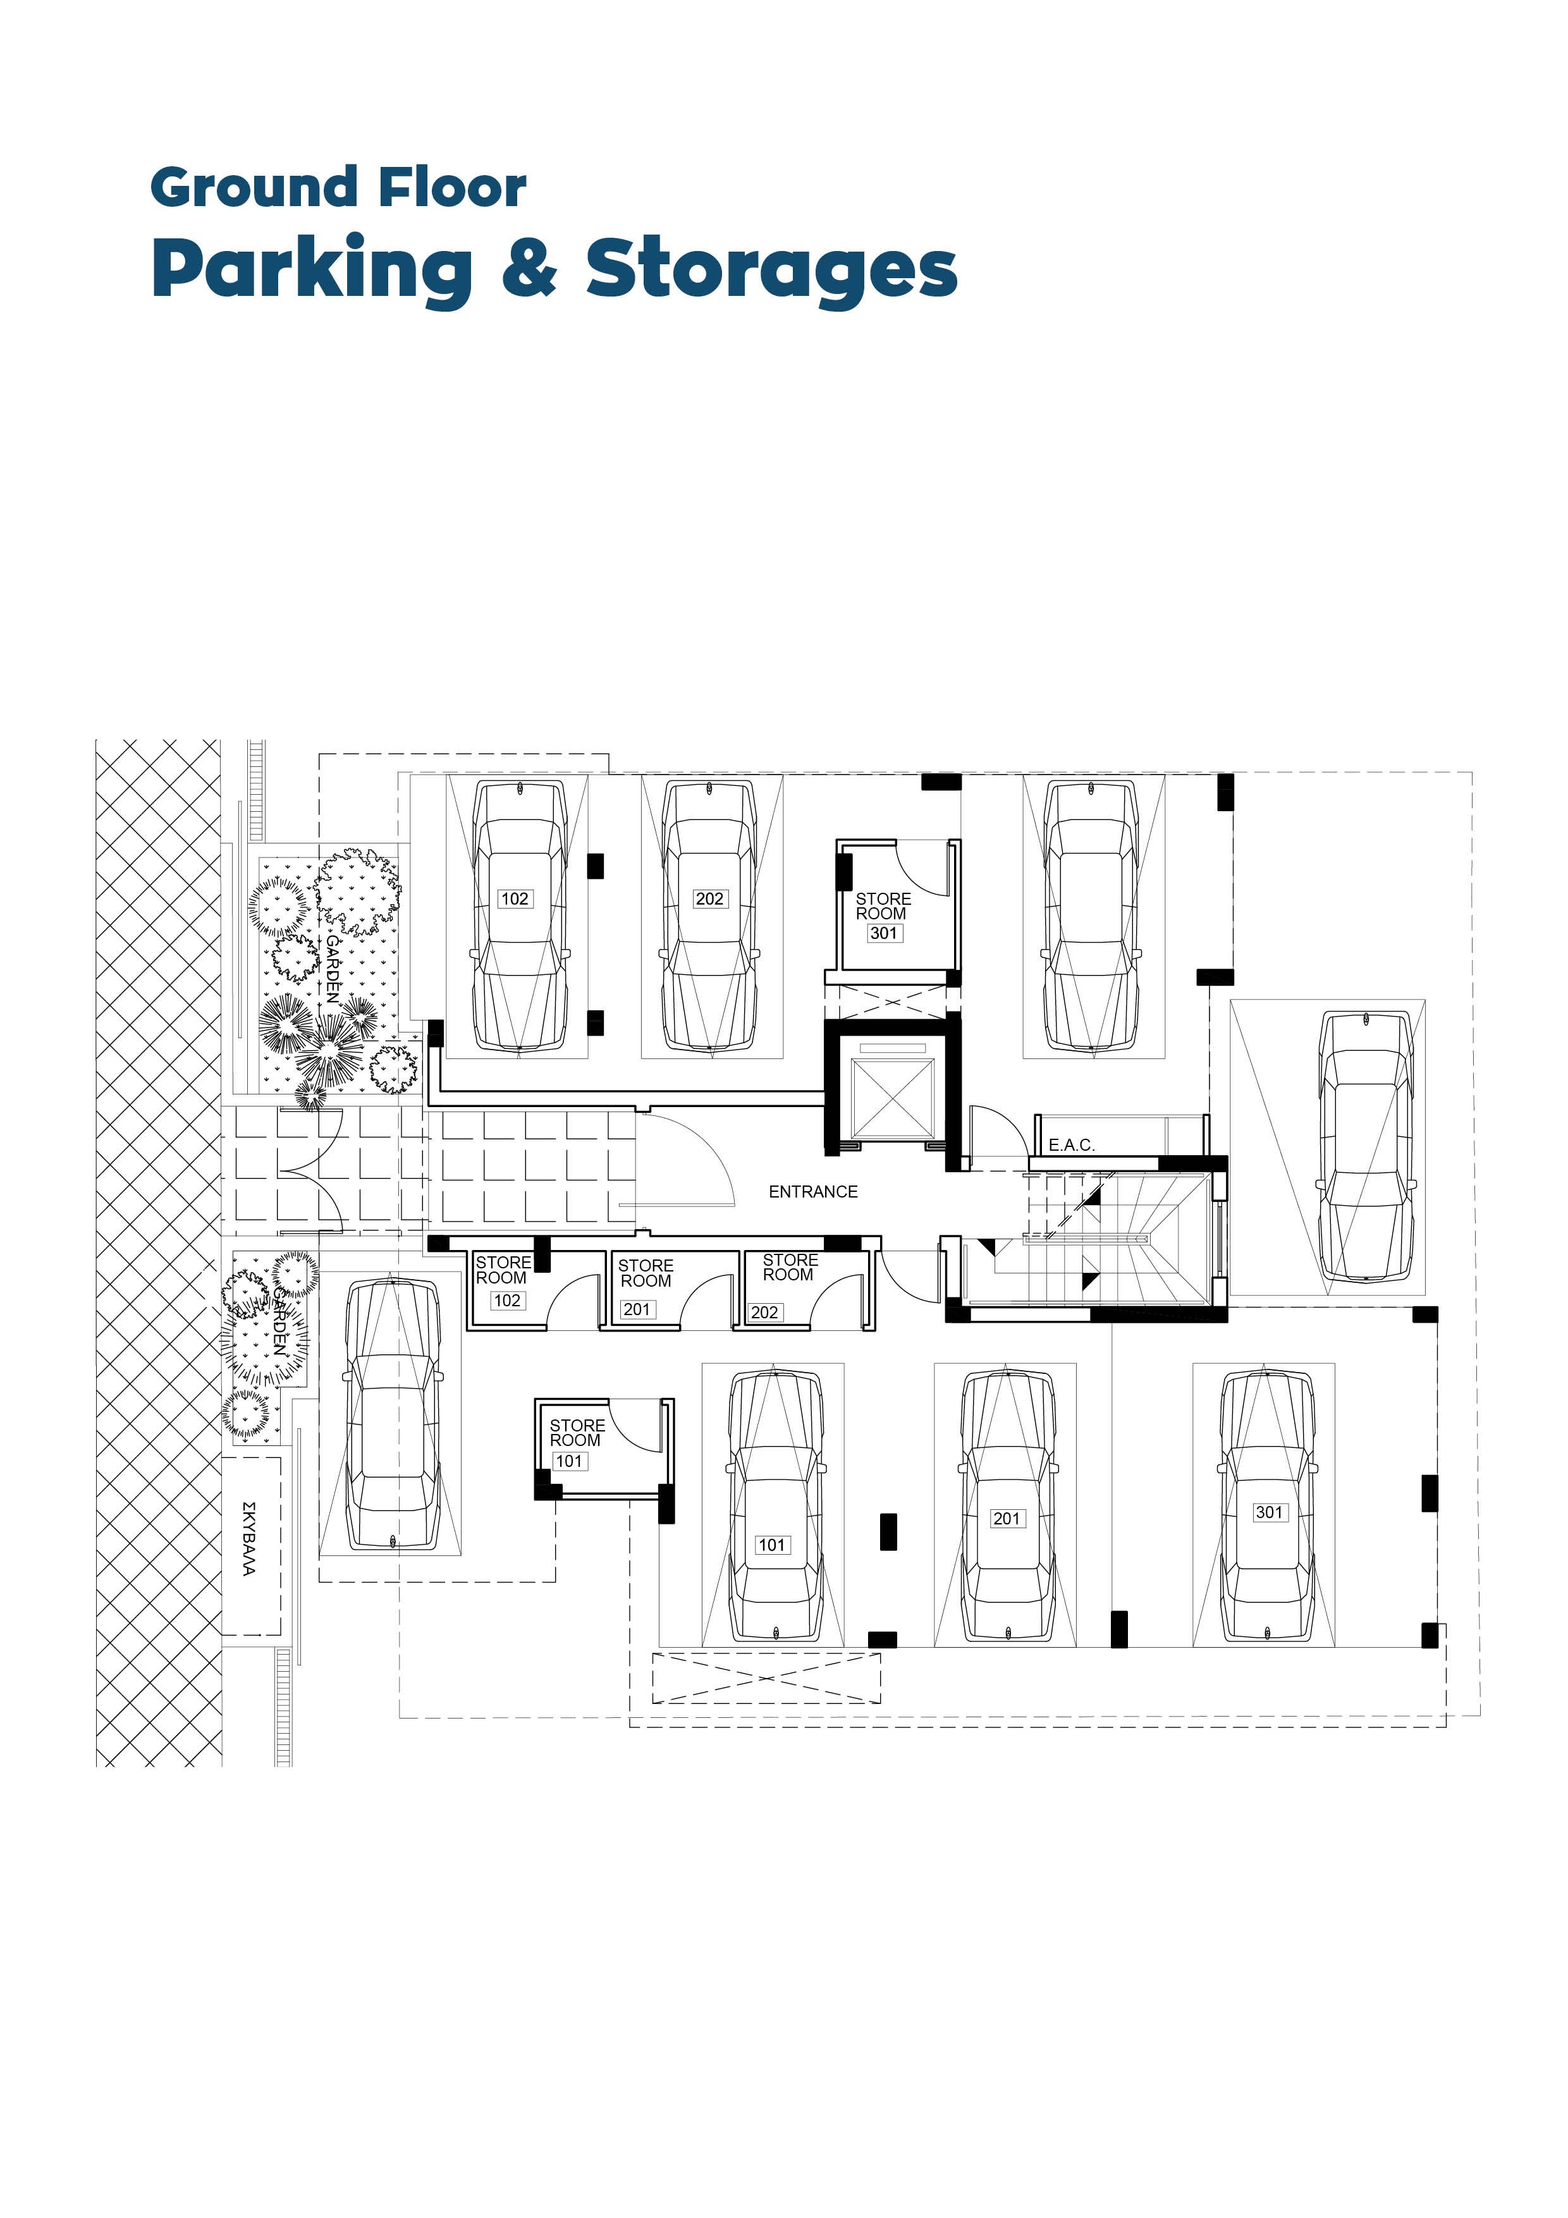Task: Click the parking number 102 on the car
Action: click(514, 898)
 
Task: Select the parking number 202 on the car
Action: click(709, 898)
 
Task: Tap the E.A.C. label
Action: click(1072, 1145)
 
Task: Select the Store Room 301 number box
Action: click(884, 933)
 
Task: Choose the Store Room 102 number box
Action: click(507, 1301)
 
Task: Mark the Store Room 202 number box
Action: click(765, 1312)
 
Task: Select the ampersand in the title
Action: click(529, 267)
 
